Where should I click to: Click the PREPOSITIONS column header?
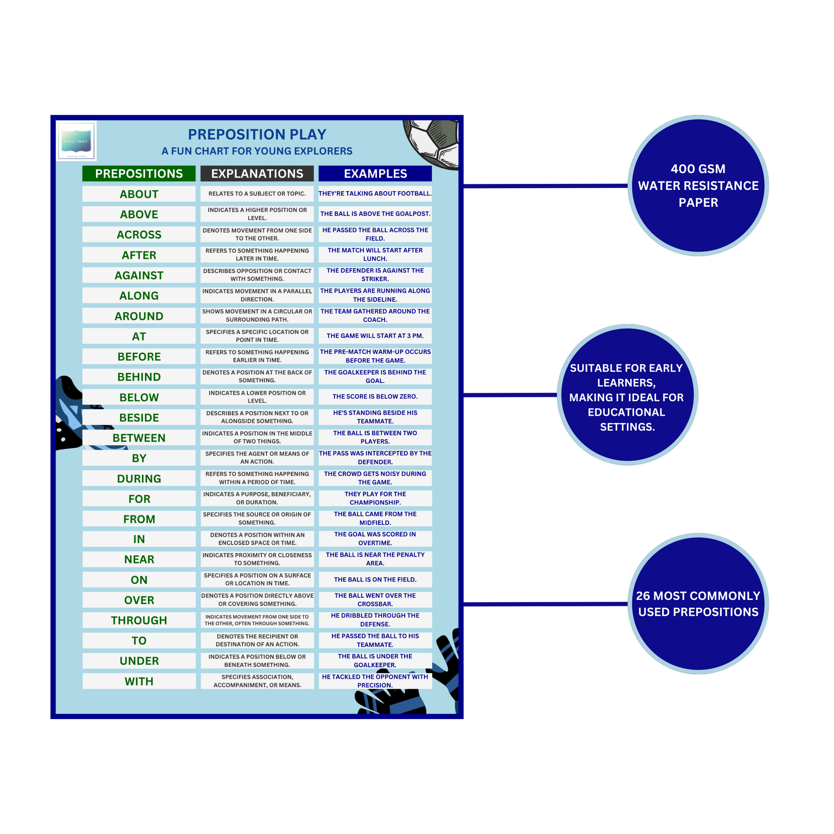138,174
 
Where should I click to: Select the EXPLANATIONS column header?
257,174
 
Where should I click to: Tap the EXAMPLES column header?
375,174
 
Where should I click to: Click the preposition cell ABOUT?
138,194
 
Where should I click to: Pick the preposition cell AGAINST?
138,275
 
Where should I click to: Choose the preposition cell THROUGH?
138,620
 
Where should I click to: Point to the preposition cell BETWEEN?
138,438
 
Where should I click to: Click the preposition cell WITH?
138,681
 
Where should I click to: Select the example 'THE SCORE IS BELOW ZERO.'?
375,396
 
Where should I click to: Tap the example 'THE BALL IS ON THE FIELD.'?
375,579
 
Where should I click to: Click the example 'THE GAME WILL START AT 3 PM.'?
375,336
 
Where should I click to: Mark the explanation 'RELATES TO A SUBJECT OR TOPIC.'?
257,193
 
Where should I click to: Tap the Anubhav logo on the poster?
76,141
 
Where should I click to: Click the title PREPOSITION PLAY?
257,134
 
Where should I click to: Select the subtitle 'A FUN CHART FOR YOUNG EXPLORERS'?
257,151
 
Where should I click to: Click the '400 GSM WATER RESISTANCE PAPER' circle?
698,186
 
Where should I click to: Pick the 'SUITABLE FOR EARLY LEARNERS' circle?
627,395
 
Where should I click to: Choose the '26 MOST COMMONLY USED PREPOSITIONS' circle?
698,603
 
